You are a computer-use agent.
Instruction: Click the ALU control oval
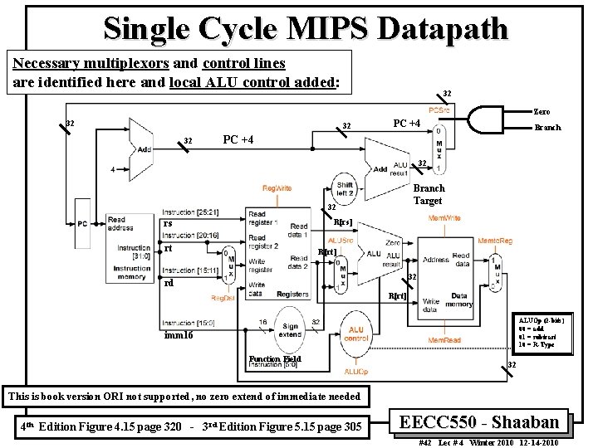[x=356, y=334]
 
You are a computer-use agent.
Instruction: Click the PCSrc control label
[x=440, y=110]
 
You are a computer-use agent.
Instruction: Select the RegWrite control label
[x=277, y=188]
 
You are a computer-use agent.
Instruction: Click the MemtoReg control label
[x=495, y=241]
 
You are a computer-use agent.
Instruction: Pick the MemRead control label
[x=445, y=341]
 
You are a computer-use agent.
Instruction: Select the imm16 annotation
[x=179, y=335]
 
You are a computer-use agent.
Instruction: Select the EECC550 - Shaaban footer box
[x=482, y=421]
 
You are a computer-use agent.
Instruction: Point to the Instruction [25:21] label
[x=192, y=212]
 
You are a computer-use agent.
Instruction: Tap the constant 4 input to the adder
[x=113, y=169]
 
